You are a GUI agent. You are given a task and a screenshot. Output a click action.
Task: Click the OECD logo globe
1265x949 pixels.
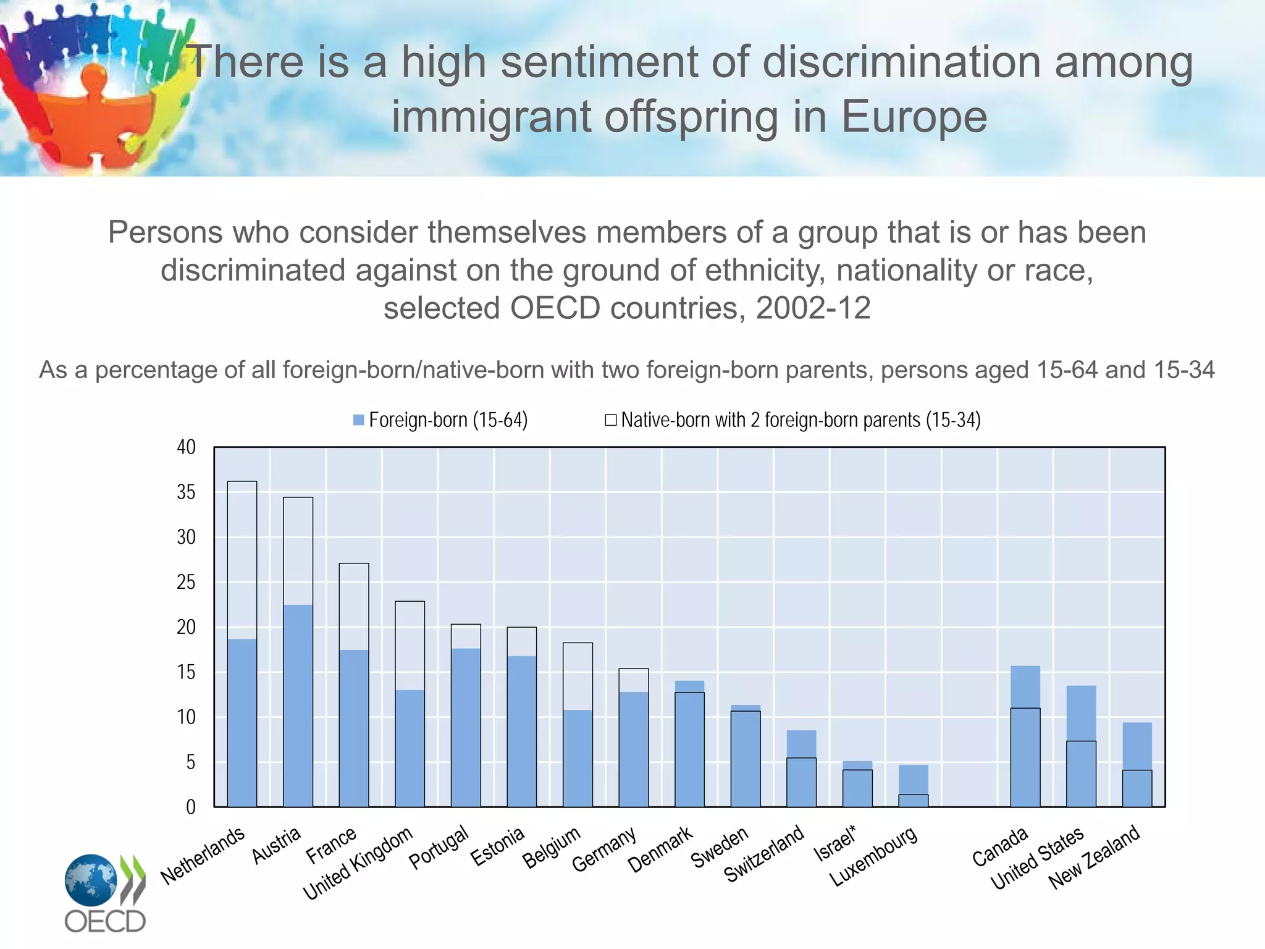coord(91,880)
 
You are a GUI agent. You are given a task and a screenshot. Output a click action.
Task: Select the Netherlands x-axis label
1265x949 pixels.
coord(203,855)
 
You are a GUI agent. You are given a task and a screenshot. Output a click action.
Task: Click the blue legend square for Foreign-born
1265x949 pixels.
coord(358,420)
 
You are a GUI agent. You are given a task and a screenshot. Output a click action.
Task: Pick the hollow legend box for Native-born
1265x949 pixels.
coord(610,420)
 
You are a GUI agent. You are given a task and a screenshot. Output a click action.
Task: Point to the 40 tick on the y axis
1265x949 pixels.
coord(186,447)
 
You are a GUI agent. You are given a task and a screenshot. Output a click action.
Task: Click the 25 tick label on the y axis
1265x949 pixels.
coord(186,582)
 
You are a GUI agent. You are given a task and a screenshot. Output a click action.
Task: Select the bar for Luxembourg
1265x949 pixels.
coord(913,786)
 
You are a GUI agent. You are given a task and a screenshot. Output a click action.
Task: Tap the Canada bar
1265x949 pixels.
coord(1025,736)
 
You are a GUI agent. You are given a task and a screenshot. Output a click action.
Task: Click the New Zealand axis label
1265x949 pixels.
coord(1094,858)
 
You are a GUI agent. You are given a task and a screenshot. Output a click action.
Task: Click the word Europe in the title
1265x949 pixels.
coord(914,117)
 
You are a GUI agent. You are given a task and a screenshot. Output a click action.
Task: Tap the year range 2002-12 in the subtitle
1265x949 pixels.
coord(813,308)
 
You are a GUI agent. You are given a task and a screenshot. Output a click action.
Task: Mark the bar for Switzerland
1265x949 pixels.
coord(801,769)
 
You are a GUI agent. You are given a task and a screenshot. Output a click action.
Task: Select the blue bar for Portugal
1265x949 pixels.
coord(466,727)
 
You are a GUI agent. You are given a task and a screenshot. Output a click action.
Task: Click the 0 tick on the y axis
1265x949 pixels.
coord(190,807)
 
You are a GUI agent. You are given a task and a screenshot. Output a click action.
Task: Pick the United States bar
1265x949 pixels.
coord(1081,746)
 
